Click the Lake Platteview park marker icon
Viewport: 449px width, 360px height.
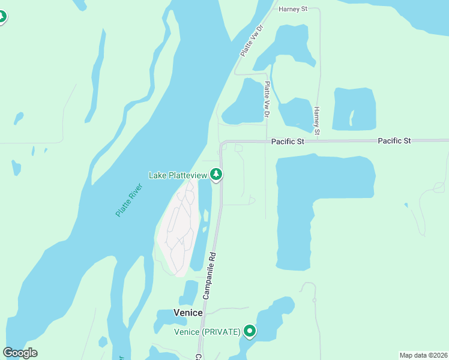click(217, 175)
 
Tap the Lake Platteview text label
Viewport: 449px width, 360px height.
click(178, 175)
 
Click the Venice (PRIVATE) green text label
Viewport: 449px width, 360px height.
click(207, 332)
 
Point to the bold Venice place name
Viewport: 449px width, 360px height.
click(188, 313)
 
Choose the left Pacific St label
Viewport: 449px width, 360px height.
click(288, 141)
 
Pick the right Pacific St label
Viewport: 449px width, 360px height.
click(394, 140)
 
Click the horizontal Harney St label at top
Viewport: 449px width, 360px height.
click(293, 9)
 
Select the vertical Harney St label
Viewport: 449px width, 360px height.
click(317, 120)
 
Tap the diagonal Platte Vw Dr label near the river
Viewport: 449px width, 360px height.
click(252, 40)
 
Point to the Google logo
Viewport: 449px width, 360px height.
click(20, 352)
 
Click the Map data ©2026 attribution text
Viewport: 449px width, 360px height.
click(423, 355)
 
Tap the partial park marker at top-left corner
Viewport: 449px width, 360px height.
click(2, 16)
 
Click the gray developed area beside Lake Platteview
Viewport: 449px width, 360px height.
click(178, 231)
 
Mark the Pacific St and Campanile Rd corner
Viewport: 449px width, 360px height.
click(223, 143)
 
